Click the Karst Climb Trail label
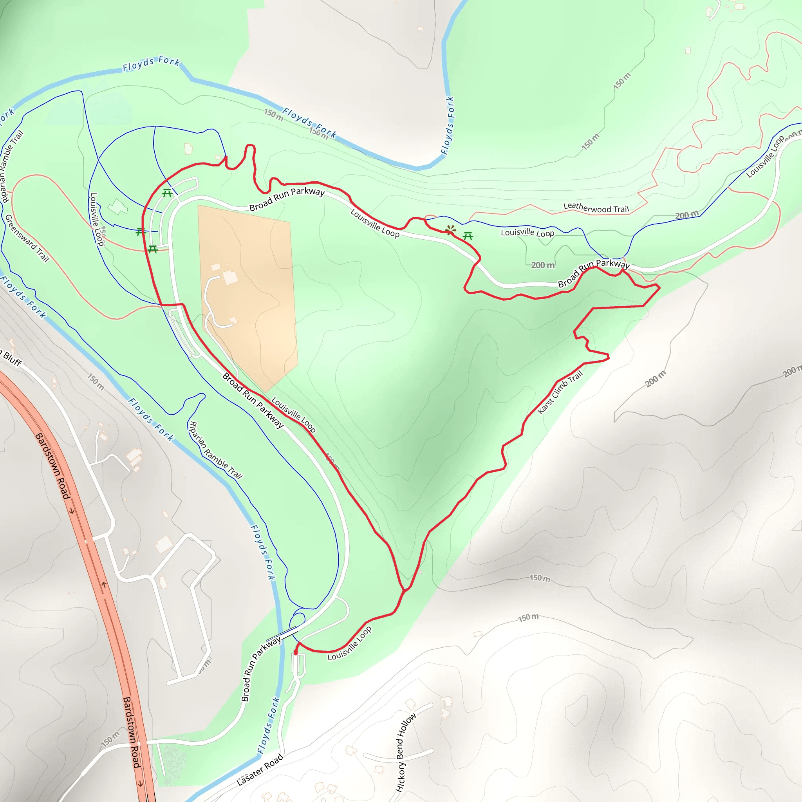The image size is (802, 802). point(560,392)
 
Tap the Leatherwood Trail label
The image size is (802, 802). point(596,208)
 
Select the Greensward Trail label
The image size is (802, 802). point(27,238)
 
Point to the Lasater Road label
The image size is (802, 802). point(260,769)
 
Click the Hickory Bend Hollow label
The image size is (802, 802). point(406,752)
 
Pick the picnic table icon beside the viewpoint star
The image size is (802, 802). point(468,236)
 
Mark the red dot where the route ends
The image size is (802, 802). point(296,652)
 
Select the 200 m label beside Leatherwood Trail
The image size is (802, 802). point(686,215)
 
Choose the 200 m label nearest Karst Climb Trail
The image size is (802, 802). point(656,379)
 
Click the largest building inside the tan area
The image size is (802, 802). point(230,277)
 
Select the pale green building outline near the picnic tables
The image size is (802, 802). point(117,206)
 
